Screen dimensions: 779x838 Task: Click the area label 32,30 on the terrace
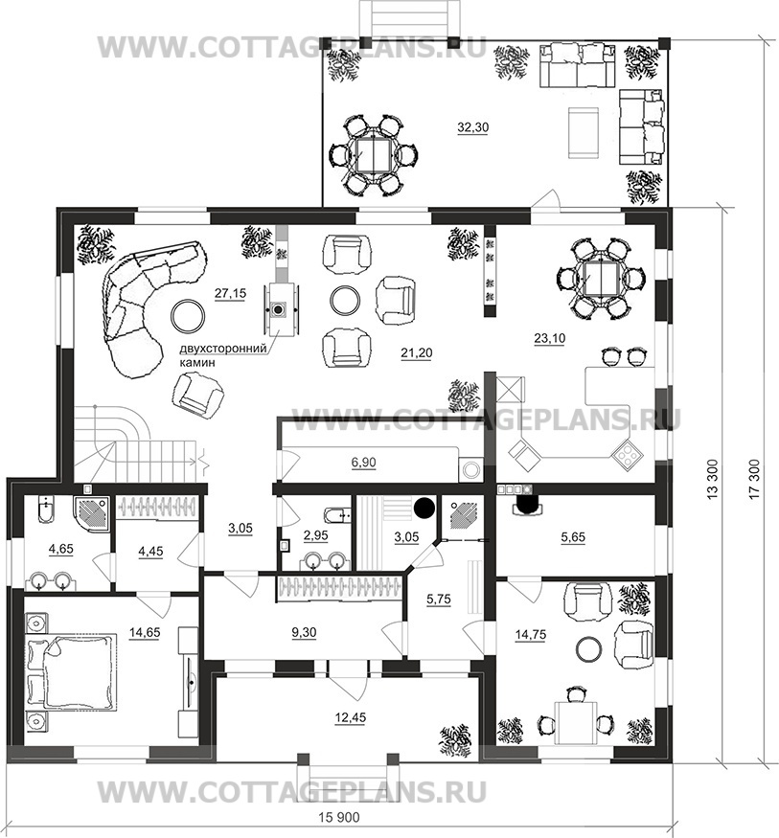pyautogui.click(x=472, y=127)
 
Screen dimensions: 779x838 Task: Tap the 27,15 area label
pyautogui.click(x=230, y=293)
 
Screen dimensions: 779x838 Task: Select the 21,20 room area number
pyautogui.click(x=417, y=352)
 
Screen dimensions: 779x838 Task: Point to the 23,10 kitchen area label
pyautogui.click(x=550, y=338)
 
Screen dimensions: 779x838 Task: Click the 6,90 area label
pyautogui.click(x=363, y=463)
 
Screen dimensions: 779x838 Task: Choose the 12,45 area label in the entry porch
pyautogui.click(x=350, y=717)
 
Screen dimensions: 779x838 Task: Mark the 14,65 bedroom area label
pyautogui.click(x=145, y=632)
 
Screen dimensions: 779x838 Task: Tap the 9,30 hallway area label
pyautogui.click(x=304, y=632)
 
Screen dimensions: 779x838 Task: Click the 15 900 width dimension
pyautogui.click(x=339, y=818)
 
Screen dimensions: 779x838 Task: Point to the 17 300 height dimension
pyautogui.click(x=754, y=480)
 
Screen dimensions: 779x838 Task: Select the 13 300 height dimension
pyautogui.click(x=713, y=480)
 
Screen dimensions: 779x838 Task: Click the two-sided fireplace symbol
pyautogui.click(x=278, y=309)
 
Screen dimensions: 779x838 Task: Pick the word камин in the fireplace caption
pyautogui.click(x=197, y=362)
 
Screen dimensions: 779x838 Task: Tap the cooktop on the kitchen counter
pyautogui.click(x=628, y=454)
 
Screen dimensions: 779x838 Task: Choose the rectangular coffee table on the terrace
pyautogui.click(x=584, y=132)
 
